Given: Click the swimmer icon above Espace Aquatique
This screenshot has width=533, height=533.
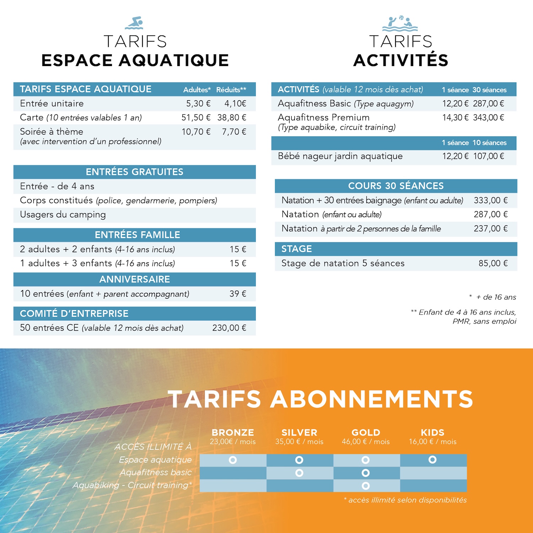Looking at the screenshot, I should click(x=134, y=23).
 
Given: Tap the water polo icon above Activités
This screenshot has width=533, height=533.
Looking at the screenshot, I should click(x=400, y=23).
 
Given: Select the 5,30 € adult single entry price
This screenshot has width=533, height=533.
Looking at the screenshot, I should click(x=198, y=103).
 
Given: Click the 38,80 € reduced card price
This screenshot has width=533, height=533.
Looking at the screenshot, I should click(x=232, y=118).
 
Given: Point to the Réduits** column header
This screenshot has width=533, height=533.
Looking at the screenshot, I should click(x=231, y=90).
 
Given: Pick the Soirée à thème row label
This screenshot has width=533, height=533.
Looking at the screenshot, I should click(x=52, y=132).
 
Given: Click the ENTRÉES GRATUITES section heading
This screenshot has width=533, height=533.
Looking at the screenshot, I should click(x=134, y=172).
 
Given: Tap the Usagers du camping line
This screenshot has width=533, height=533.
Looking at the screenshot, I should click(x=63, y=215).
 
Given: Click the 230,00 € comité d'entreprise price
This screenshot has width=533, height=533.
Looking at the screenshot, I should click(x=229, y=328).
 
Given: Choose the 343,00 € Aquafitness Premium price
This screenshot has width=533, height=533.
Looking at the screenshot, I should click(x=488, y=118).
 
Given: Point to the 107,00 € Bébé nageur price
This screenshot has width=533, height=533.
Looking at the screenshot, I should click(x=488, y=156).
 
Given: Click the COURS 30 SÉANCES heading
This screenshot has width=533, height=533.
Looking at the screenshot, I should click(x=396, y=186).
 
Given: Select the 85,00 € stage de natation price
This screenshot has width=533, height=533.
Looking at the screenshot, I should click(x=493, y=263).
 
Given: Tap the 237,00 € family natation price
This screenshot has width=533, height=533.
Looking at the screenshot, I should click(x=490, y=228).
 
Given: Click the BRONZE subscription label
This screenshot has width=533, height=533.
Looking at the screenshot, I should click(x=233, y=432).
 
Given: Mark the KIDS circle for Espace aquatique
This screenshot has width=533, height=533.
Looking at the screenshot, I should click(x=432, y=460).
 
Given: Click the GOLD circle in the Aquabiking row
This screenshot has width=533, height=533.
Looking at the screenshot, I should click(x=366, y=486).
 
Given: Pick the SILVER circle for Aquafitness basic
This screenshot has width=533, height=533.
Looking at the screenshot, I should click(x=299, y=473).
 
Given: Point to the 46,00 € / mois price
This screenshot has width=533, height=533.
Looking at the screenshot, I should click(x=366, y=442).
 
